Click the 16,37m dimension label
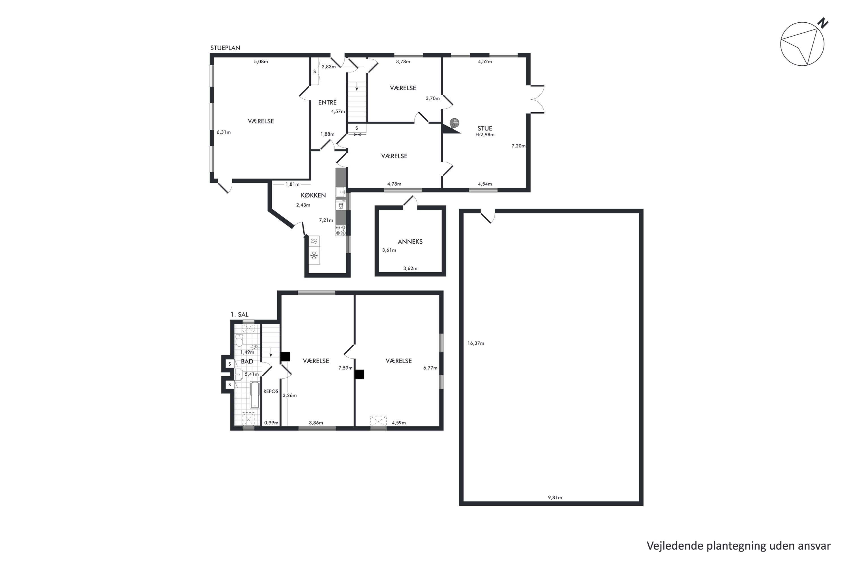click(475, 343)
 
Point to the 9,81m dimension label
click(555, 498)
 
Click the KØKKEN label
click(313, 195)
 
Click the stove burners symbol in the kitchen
click(340, 230)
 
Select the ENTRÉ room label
click(327, 102)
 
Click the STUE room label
click(484, 128)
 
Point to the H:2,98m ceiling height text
click(484, 135)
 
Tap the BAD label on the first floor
click(247, 361)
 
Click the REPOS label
click(271, 391)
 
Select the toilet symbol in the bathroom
click(239, 340)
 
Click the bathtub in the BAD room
click(255, 395)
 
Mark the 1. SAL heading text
click(239, 315)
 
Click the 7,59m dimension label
click(345, 368)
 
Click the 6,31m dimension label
click(224, 132)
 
